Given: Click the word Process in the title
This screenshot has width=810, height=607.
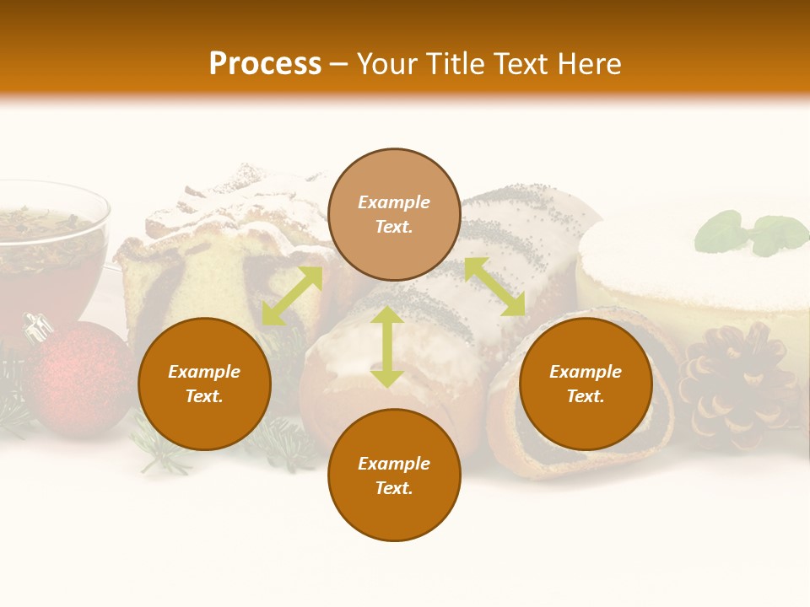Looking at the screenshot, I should [265, 63].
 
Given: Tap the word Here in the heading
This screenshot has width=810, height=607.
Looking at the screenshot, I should [587, 63].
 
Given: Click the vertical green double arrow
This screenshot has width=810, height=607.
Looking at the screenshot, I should [387, 346].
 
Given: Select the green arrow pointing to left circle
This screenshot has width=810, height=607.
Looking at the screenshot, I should [292, 296].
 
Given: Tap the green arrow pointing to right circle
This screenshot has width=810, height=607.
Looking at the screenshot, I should [494, 287].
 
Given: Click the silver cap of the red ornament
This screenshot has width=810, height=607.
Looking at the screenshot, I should [38, 327].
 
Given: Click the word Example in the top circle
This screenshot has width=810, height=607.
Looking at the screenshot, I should [394, 202].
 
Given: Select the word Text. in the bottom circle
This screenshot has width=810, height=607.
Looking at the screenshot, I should [394, 488].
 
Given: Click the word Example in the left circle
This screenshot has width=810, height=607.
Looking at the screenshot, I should [204, 372].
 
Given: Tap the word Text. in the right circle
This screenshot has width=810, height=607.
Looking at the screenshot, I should [586, 396].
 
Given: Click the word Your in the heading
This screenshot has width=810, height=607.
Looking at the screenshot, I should [386, 63].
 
